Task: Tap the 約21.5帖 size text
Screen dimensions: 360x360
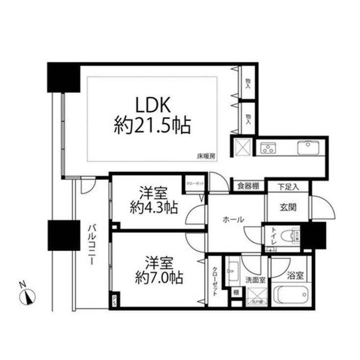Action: [151, 126]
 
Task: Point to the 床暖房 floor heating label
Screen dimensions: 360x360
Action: [206, 156]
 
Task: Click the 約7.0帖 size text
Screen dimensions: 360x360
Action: [158, 278]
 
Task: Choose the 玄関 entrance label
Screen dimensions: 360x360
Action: [288, 207]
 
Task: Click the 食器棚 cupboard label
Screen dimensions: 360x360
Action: [248, 186]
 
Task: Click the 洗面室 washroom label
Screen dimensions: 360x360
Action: [256, 280]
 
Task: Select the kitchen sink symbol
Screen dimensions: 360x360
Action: [308, 147]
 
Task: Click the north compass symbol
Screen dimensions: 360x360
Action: [28, 296]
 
